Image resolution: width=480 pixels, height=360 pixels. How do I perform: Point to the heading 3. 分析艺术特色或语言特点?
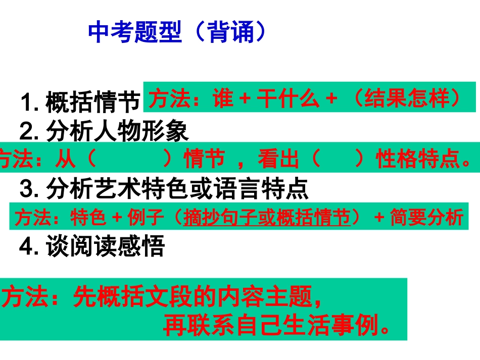164,190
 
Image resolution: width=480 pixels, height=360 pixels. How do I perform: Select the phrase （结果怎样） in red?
404,98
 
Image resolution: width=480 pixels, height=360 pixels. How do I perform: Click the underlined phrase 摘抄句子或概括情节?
267,218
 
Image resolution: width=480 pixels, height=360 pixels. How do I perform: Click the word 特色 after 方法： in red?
88,218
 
